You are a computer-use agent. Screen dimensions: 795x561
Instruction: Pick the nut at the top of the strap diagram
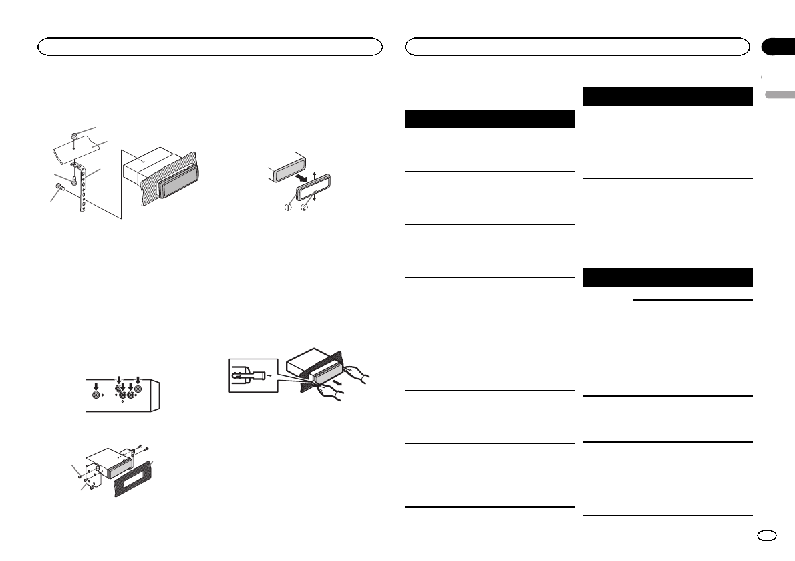coord(75,137)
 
